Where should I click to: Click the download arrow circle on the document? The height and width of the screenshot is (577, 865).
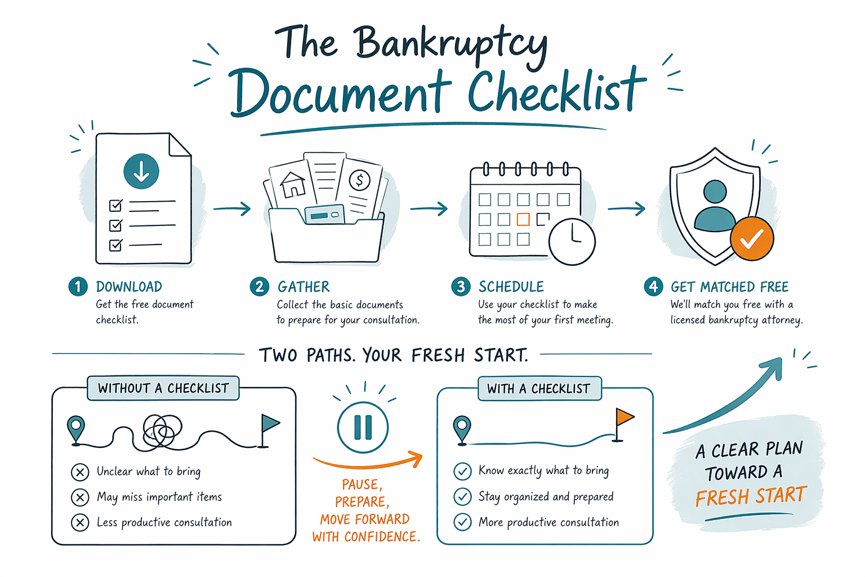click(x=141, y=171)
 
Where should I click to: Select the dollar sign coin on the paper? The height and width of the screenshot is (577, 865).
click(x=359, y=180)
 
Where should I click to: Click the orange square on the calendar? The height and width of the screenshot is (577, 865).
click(x=523, y=219)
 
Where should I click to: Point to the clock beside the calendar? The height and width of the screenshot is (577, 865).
click(x=572, y=242)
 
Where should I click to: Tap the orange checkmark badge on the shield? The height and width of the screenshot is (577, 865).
click(x=751, y=238)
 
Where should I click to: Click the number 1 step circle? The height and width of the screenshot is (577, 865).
click(x=78, y=287)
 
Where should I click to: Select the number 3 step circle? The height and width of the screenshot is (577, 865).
click(x=461, y=287)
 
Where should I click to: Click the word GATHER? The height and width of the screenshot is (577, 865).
click(x=304, y=287)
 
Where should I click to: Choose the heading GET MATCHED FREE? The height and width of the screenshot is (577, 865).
click(x=729, y=287)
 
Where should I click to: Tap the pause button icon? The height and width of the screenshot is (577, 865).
click(x=363, y=428)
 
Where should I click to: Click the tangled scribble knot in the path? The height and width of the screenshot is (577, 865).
click(x=162, y=430)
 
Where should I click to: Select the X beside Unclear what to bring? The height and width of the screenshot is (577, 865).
click(x=80, y=472)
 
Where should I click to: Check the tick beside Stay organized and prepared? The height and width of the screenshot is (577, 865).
click(x=462, y=496)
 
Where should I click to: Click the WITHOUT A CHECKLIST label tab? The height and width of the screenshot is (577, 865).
click(x=163, y=388)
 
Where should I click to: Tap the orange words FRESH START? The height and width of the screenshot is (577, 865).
click(x=751, y=496)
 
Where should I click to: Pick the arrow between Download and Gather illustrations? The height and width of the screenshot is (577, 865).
click(x=231, y=208)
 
